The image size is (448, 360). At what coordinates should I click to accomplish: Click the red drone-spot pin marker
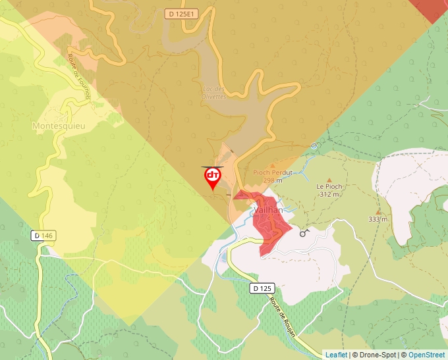(x=213, y=176)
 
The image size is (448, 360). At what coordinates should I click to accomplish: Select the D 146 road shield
(x=42, y=236)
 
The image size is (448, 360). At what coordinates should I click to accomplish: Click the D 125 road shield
(x=262, y=288)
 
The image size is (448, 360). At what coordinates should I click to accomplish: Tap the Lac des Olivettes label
(x=213, y=93)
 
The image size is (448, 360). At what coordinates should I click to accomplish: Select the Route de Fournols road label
(x=78, y=74)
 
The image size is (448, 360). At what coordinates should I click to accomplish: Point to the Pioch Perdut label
(x=272, y=172)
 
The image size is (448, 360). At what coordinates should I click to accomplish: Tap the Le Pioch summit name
(x=329, y=186)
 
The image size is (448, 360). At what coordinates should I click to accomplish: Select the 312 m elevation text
(x=330, y=194)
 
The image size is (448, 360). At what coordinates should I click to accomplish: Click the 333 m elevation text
(x=378, y=219)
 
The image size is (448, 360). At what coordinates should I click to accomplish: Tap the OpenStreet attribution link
(x=426, y=355)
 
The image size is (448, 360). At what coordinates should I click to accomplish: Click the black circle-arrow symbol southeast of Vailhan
(x=304, y=232)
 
